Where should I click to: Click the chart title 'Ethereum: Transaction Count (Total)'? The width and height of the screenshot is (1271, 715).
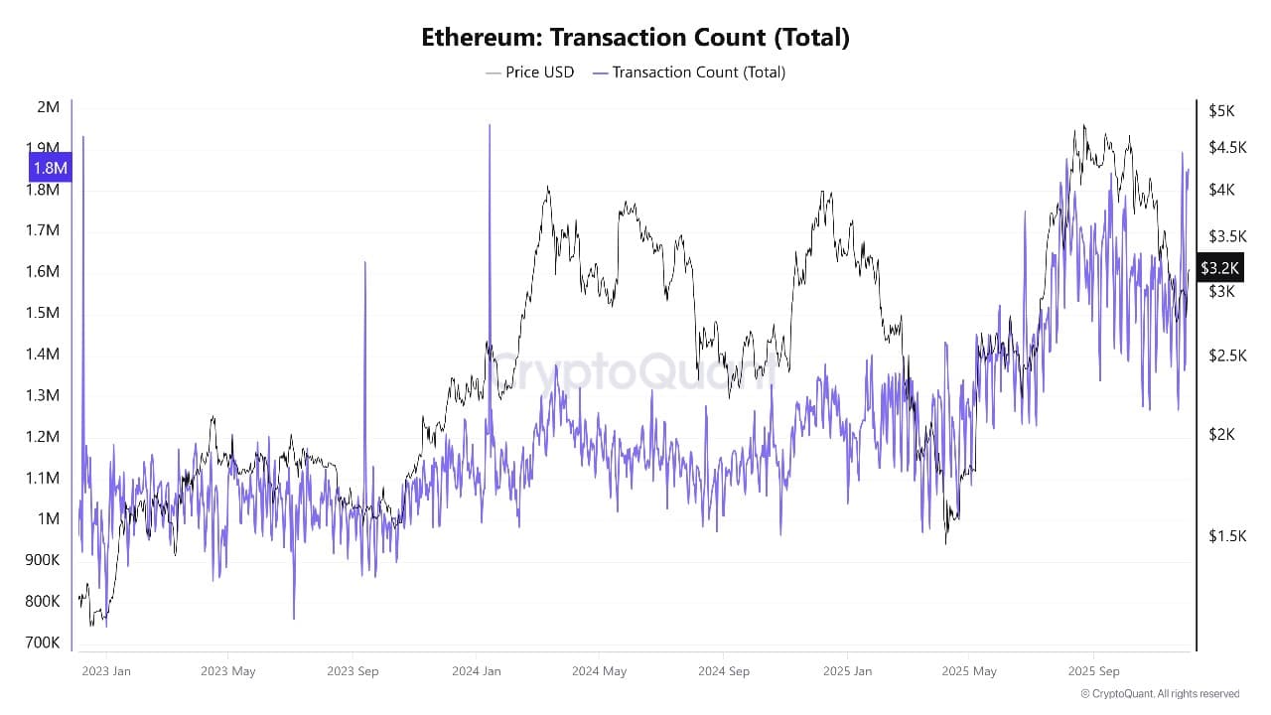coord(635,38)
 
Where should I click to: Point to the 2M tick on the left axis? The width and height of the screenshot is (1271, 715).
coord(48,107)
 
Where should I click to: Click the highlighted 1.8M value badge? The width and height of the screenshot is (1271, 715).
coord(50,168)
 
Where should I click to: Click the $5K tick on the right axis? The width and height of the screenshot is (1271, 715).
coord(1221,111)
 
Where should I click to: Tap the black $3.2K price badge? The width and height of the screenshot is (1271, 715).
coord(1219,268)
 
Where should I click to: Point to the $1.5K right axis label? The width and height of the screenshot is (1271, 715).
coord(1227,536)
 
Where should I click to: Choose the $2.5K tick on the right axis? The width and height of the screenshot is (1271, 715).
coord(1227,356)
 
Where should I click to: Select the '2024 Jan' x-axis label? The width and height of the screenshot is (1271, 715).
coord(477,671)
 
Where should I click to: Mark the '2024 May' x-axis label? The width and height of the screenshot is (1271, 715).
coord(599,671)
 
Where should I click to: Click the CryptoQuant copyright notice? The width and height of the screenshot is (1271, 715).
coord(1160,694)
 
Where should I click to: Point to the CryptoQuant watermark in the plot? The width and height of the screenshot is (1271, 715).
coord(635,372)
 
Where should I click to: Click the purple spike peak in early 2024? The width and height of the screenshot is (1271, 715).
coord(490,125)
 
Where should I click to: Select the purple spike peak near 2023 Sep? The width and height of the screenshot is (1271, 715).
coord(364,262)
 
